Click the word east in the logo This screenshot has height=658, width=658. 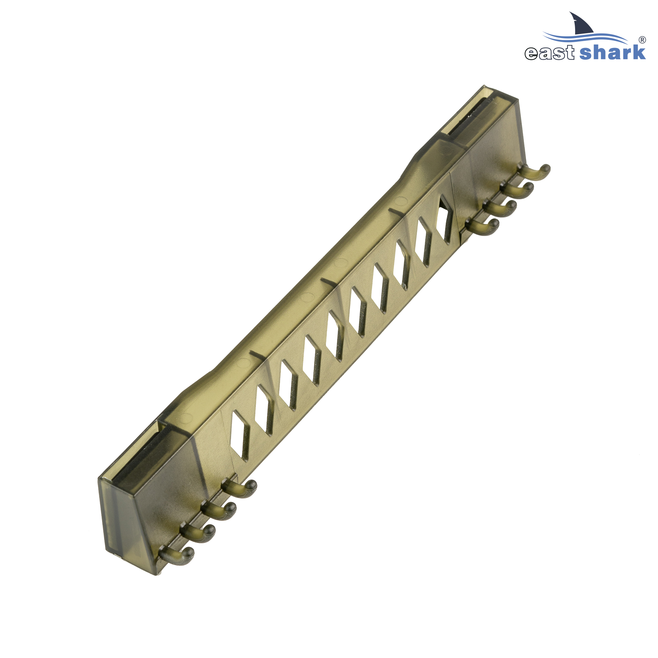[549, 53]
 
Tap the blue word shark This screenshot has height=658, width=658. [612, 52]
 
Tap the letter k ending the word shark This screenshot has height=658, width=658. [638, 52]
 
